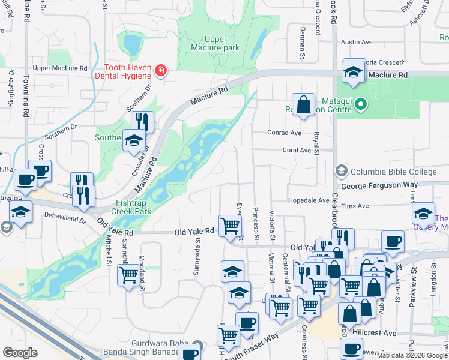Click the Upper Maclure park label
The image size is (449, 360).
[215, 43]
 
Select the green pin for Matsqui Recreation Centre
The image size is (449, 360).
[360, 105]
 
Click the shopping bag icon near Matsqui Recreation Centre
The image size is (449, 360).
[304, 104]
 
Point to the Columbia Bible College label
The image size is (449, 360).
[393, 172]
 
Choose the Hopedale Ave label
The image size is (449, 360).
[309, 200]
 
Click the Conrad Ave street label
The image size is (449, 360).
[284, 133]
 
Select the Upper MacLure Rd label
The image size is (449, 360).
[60, 68]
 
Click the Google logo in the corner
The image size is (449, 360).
[20, 353]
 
